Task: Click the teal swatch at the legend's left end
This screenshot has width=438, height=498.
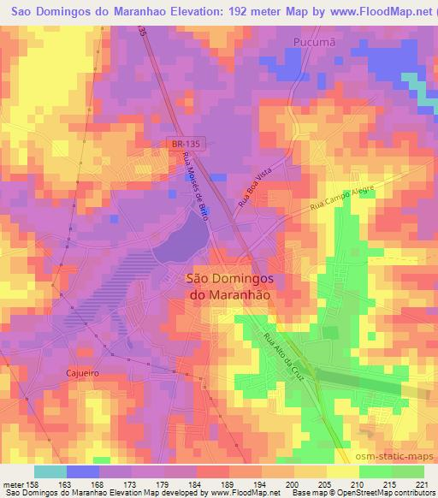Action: [50, 471]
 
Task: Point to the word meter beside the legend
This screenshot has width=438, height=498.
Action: [12, 483]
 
